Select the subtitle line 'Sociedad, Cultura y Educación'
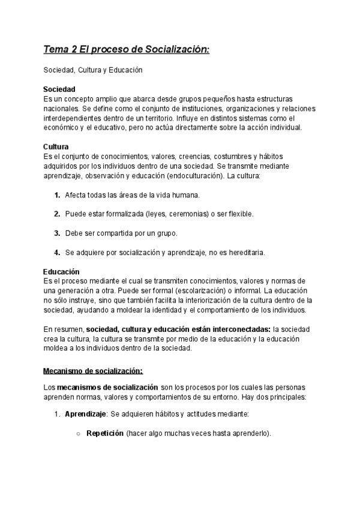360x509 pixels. coord(93,70)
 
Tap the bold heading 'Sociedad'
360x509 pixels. coord(59,89)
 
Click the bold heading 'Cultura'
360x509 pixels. coord(56,147)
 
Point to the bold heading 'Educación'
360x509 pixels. coord(62,272)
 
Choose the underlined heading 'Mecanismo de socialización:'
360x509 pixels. coord(93,370)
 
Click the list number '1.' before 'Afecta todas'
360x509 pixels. coord(57,196)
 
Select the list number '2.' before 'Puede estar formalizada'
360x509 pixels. coord(57,214)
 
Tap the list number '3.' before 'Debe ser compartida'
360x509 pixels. coord(57,233)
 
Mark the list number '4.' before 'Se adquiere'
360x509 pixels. coord(57,253)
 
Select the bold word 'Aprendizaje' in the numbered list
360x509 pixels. coord(85,415)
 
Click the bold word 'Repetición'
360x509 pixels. coord(105,433)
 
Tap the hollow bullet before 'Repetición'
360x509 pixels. coord(79,434)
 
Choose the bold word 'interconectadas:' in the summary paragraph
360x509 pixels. coord(242,330)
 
